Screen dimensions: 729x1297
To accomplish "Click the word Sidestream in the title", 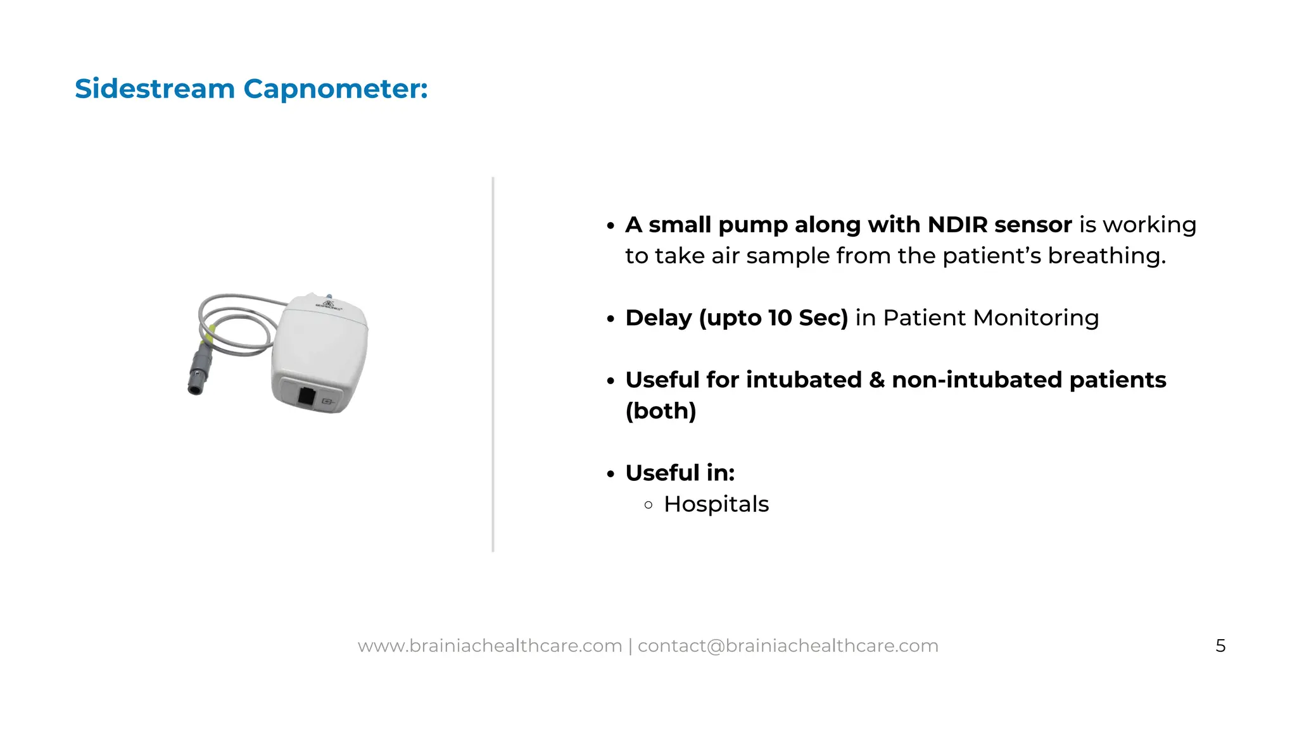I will coord(155,89).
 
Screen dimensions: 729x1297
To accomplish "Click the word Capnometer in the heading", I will coord(334,89).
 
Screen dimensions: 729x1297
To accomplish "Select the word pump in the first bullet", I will coord(752,225).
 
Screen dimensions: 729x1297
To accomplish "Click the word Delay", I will coord(659,318).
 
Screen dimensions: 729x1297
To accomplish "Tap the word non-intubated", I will coord(977,380).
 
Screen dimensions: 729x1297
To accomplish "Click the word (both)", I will coord(661,411).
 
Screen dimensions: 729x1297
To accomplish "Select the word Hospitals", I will coord(716,504).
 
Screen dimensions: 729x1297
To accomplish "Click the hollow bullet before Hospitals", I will coord(648,505).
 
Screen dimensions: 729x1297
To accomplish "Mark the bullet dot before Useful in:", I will coord(611,474).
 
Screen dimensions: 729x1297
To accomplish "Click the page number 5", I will coord(1220,646).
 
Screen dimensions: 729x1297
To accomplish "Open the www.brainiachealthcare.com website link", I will coord(490,646).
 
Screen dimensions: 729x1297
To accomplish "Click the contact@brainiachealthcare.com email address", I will coord(788,646).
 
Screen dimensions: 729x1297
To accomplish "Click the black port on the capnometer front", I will coord(307,397).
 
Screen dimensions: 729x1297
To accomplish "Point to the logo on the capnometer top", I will coord(329,306).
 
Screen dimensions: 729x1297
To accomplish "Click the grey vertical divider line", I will coord(493,364).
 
